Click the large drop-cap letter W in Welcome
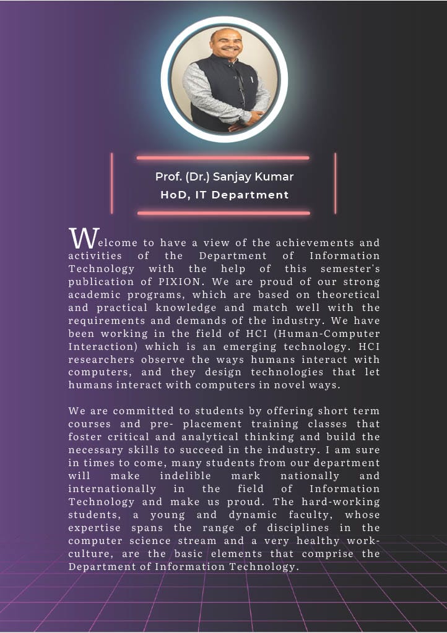tap(84, 237)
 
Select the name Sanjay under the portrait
tap(235, 177)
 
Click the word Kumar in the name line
tap(276, 177)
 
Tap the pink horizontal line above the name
tap(223, 158)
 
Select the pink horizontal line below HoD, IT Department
tap(223, 213)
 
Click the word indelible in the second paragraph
tap(185, 476)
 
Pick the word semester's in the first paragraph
tap(350, 268)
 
